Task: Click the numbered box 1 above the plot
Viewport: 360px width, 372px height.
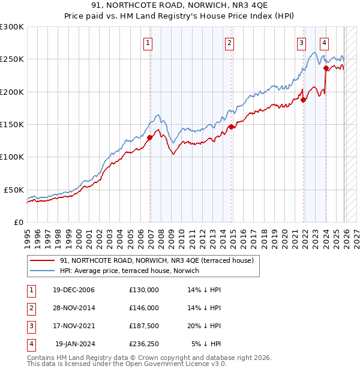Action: click(148, 43)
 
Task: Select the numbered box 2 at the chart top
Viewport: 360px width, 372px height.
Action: click(229, 43)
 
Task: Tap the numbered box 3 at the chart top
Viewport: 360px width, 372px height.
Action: click(301, 43)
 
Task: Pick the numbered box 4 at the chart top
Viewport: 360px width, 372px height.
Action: click(324, 43)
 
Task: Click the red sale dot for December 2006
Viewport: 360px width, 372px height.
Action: click(149, 137)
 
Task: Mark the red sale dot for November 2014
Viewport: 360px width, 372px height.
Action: click(231, 127)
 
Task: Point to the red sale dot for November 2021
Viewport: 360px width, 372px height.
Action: click(303, 100)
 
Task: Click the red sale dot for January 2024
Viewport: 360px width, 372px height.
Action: click(326, 68)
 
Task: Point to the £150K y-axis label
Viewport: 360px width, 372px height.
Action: click(12, 124)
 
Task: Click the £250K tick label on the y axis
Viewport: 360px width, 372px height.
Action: click(12, 59)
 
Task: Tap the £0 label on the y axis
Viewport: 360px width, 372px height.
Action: click(18, 222)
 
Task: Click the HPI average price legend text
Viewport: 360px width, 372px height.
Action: click(133, 271)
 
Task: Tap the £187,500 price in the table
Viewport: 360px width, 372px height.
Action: click(144, 328)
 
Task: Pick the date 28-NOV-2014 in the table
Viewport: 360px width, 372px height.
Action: click(74, 308)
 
